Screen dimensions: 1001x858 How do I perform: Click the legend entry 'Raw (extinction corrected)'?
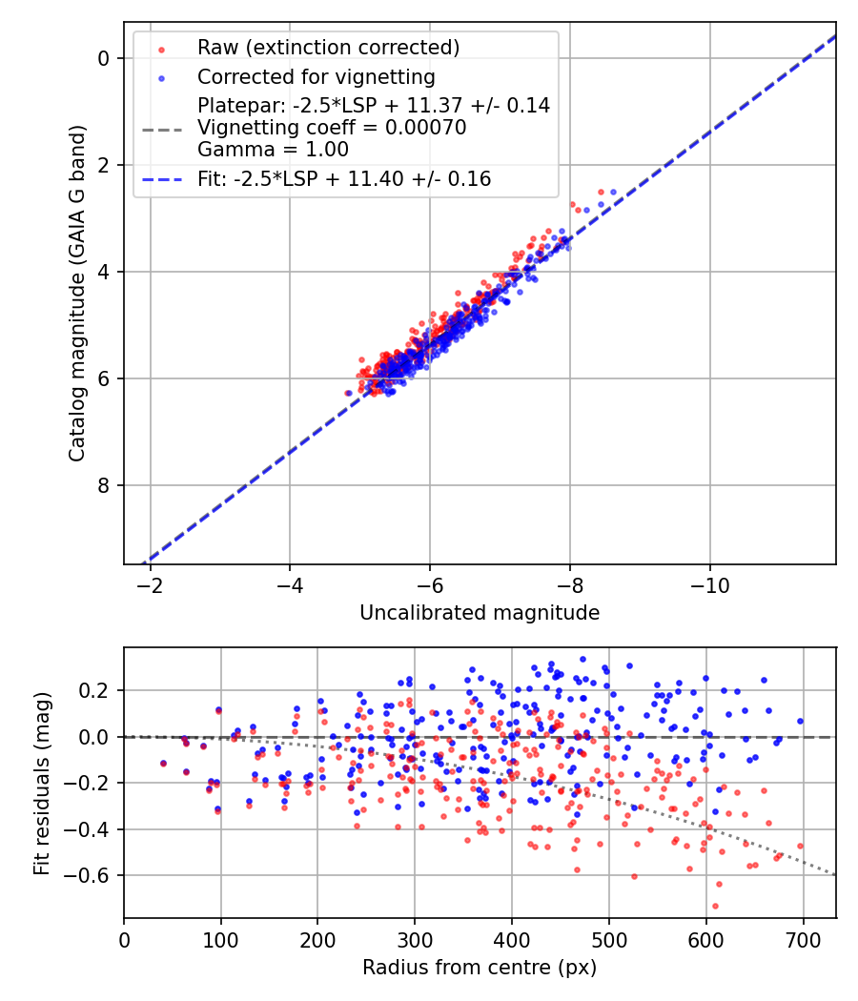point(328,48)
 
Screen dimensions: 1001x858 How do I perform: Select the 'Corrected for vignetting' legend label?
point(316,76)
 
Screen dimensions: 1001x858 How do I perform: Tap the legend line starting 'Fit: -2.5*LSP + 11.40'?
point(344,178)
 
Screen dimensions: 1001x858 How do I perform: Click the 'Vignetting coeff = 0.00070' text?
point(332,128)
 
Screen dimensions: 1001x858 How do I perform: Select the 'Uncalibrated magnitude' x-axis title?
point(480,613)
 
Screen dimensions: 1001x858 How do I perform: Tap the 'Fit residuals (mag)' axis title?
point(41,783)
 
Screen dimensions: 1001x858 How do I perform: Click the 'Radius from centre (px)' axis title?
point(480,967)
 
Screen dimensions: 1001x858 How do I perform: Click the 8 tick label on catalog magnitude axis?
point(106,486)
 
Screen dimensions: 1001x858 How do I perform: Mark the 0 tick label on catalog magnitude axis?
point(106,58)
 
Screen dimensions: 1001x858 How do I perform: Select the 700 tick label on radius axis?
point(803,939)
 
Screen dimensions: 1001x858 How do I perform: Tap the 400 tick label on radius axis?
point(512,939)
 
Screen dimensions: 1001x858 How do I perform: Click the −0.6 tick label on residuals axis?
point(92,875)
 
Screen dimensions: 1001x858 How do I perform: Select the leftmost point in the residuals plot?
point(163,764)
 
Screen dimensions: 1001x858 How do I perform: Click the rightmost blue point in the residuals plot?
point(800,721)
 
